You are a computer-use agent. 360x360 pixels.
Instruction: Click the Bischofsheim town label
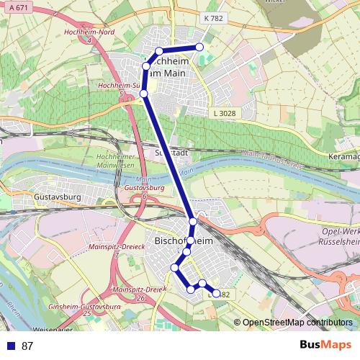coord(184,241)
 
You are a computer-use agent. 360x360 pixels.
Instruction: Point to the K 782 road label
coord(213,19)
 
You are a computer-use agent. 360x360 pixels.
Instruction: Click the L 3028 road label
coord(224,114)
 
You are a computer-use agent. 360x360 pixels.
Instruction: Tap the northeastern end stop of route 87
coord(199,48)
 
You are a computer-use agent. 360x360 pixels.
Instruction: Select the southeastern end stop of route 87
coord(216,293)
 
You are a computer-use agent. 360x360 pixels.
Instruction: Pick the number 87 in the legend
coord(27,346)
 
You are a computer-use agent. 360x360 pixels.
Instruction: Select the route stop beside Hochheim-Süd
coord(144,94)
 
